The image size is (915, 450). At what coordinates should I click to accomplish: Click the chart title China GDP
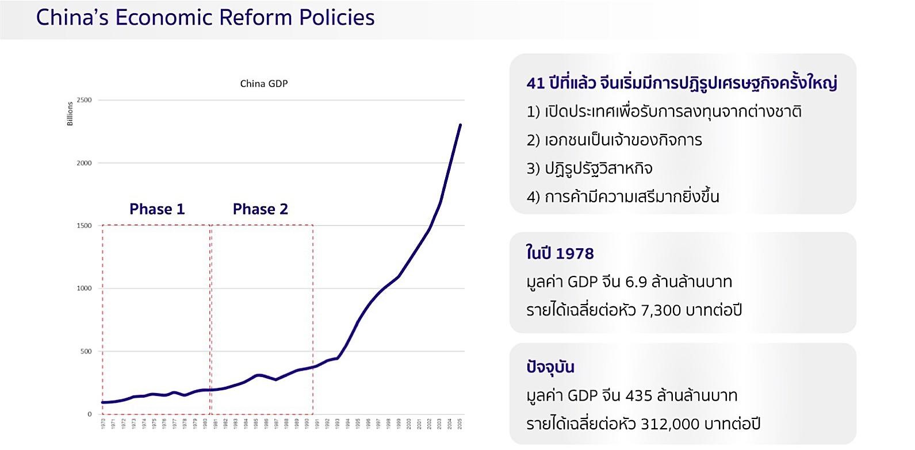[263, 84]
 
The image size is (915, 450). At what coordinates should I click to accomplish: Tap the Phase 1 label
[157, 209]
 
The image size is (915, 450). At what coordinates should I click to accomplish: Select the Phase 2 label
[260, 209]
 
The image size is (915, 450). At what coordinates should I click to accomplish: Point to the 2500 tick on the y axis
[84, 100]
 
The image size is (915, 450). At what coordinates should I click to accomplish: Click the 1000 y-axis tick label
[84, 289]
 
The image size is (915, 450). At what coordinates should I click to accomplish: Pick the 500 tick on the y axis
[85, 351]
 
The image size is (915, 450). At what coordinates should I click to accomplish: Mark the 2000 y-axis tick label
[84, 163]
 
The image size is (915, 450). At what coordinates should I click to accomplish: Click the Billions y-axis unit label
[70, 114]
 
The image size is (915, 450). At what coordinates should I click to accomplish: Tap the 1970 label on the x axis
[103, 424]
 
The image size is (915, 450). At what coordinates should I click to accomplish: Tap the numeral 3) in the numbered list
[533, 169]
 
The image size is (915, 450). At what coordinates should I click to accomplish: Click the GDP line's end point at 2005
[460, 125]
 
